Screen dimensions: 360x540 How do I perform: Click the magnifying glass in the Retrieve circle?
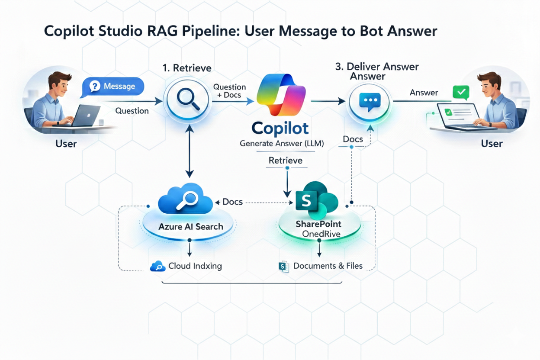[x=188, y=100]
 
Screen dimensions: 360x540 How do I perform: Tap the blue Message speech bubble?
[x=113, y=87]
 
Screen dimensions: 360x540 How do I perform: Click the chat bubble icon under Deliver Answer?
[x=370, y=101]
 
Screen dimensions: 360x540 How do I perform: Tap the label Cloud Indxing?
[x=195, y=266]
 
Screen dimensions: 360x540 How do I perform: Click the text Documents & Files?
[x=328, y=266]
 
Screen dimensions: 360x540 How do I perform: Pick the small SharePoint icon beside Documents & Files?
[x=284, y=267]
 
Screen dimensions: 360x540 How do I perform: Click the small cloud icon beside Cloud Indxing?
[x=157, y=267]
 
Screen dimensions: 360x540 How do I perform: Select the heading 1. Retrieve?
[x=187, y=68]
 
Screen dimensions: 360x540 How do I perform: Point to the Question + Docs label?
[x=229, y=91]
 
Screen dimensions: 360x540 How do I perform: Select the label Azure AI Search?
[x=191, y=226]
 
